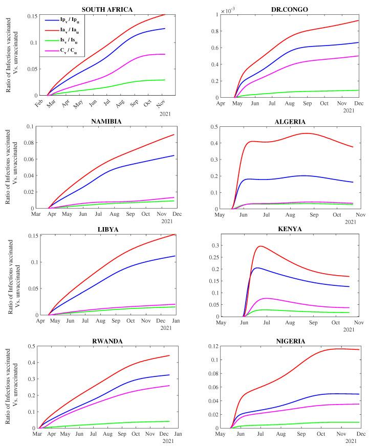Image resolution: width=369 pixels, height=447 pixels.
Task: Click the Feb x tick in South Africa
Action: [39, 102]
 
